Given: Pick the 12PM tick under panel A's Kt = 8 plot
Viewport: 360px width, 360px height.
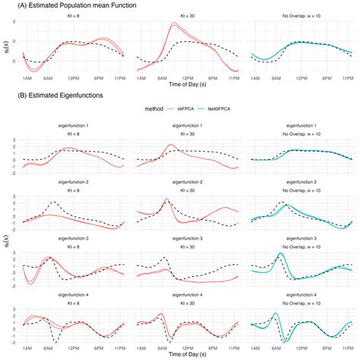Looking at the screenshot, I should click(74, 79).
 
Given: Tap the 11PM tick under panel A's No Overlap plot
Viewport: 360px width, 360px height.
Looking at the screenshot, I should click(348, 79).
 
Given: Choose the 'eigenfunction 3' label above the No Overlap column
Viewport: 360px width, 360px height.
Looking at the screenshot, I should click(304, 238).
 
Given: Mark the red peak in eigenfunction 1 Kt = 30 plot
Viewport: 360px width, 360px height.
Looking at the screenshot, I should click(172, 144).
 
